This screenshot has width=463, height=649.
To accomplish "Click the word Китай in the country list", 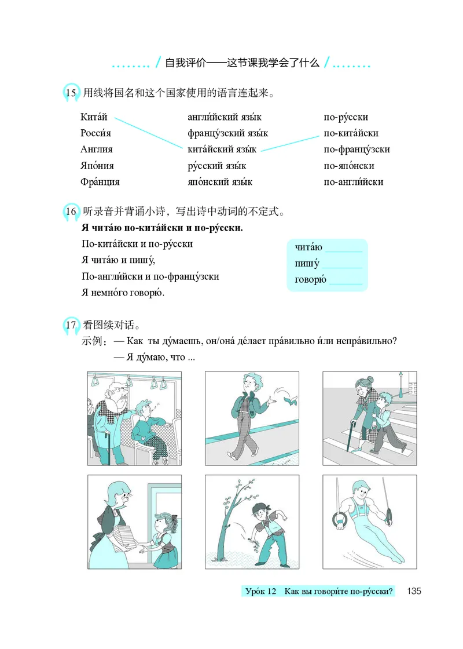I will click(x=94, y=117).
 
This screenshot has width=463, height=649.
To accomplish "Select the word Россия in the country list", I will click(x=95, y=133).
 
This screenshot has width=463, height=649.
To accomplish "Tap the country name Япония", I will click(x=97, y=166).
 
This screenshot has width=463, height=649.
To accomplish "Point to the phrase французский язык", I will click(x=228, y=133).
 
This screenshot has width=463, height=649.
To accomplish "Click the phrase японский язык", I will click(x=221, y=182).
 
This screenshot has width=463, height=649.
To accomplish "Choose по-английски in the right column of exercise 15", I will click(x=354, y=182).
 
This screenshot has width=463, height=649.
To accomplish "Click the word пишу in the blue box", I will click(x=307, y=264).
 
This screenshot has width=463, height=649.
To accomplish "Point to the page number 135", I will click(x=414, y=592).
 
